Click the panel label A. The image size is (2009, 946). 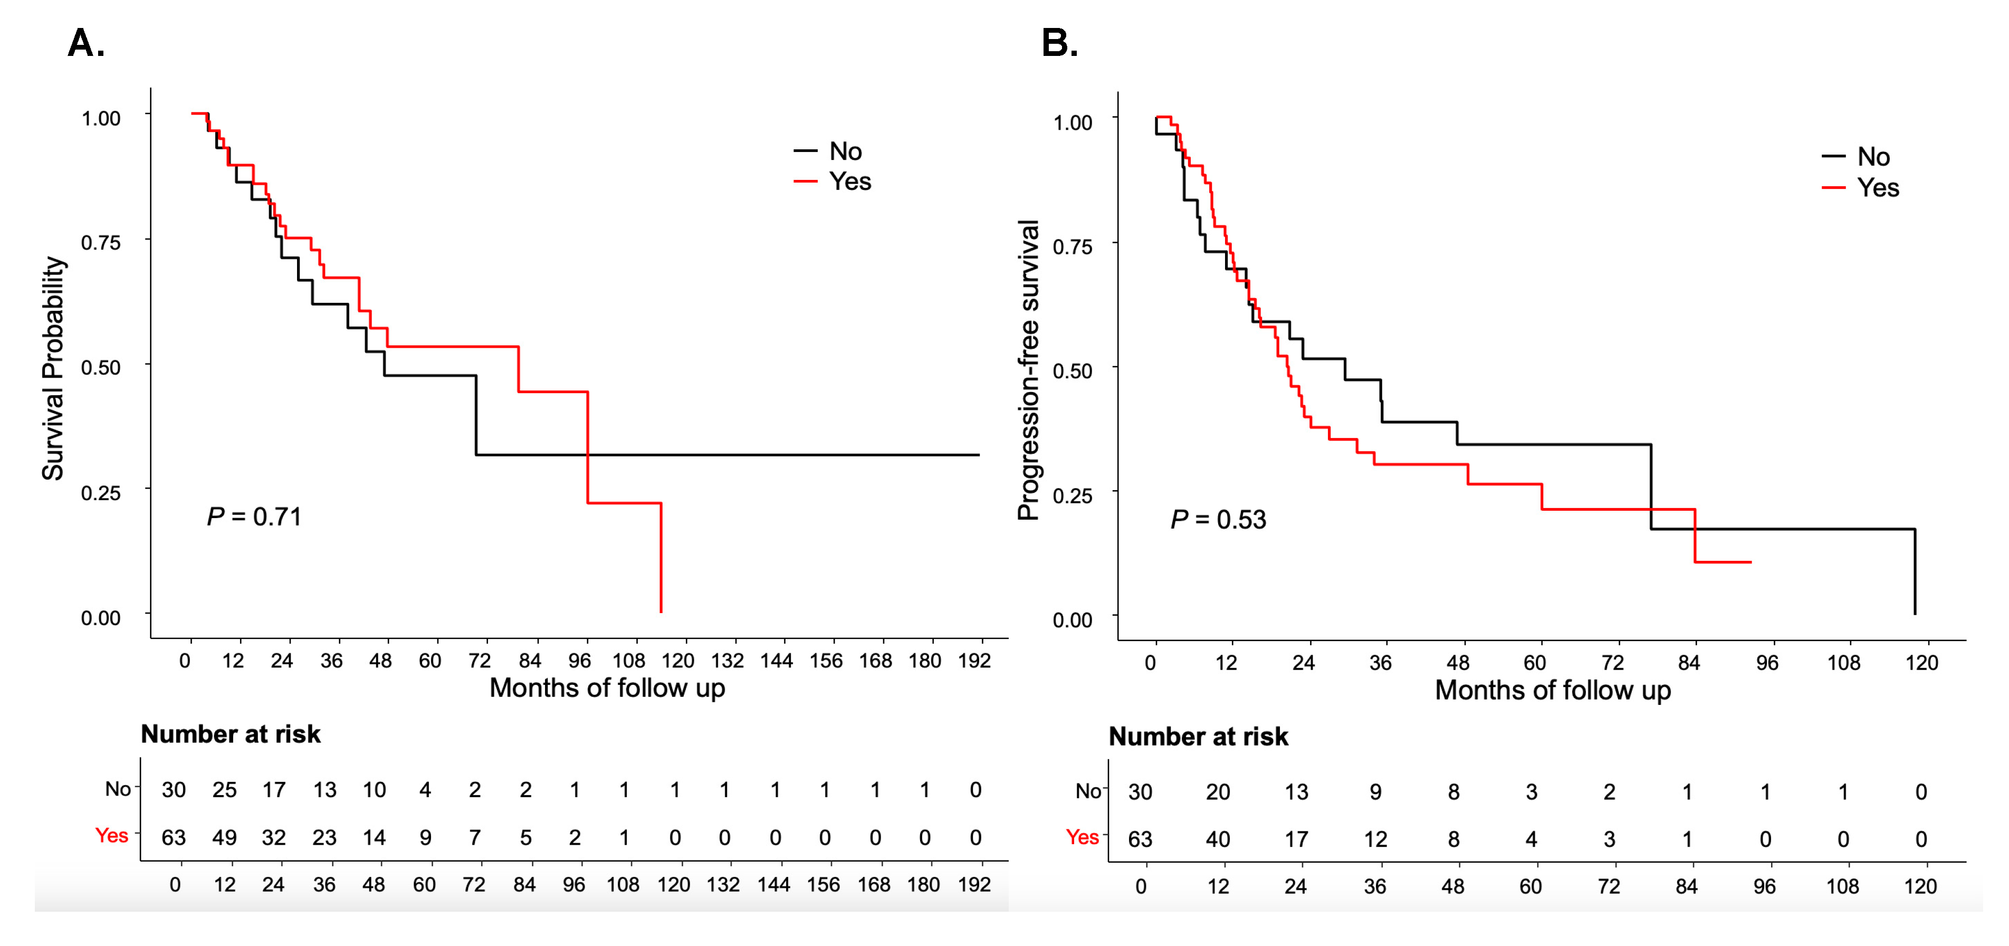tap(86, 44)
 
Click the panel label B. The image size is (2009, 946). tap(1059, 44)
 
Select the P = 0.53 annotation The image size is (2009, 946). tap(1218, 519)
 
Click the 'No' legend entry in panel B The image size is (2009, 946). tap(1872, 157)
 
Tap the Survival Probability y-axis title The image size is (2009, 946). tap(53, 368)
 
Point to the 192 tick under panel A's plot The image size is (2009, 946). tap(974, 661)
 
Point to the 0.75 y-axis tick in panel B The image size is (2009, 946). tap(1073, 247)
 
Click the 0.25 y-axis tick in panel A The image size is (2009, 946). tap(101, 493)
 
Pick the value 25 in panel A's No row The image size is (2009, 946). tap(225, 790)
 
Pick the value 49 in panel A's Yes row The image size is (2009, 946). tap(225, 838)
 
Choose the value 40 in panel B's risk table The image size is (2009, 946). tap(1218, 839)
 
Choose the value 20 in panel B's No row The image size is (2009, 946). tap(1218, 792)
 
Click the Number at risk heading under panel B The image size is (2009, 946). tap(1198, 736)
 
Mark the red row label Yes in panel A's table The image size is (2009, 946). tap(111, 835)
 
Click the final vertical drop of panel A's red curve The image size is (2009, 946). tap(661, 558)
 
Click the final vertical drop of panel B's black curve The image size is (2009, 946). tap(1915, 571)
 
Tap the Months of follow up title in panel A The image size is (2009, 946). tap(607, 688)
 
